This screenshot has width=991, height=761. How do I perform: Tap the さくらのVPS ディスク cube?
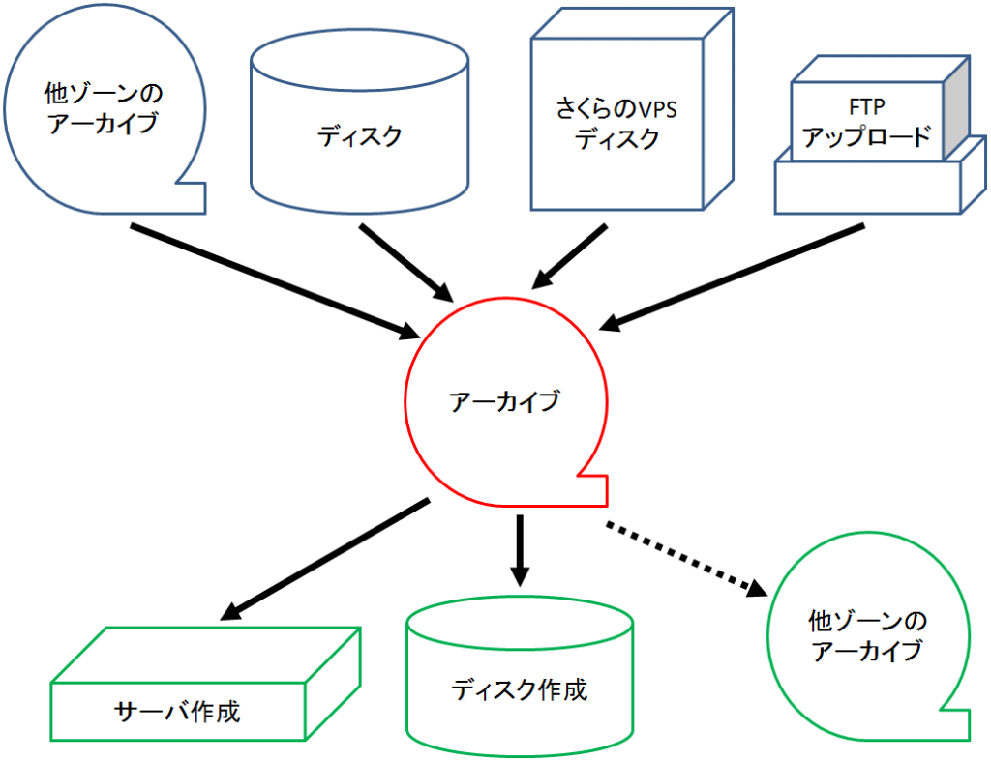617,121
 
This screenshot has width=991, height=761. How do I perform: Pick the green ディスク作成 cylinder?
520,682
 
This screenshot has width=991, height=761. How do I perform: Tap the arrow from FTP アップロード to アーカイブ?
734,276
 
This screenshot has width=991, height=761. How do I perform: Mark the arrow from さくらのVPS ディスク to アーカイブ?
569,256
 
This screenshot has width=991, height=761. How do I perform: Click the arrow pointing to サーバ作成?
327,558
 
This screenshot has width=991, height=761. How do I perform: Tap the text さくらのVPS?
616,108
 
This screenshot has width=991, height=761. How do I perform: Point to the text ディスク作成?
519,689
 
